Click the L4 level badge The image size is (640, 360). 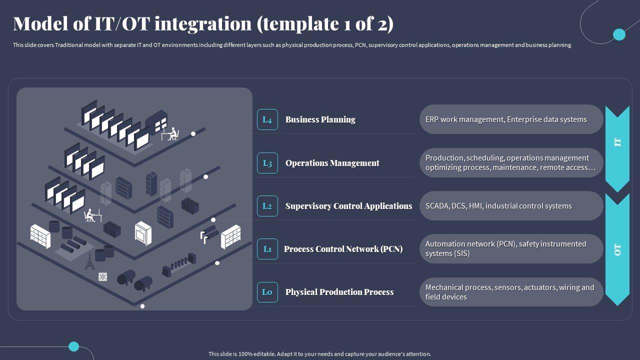pyautogui.click(x=267, y=119)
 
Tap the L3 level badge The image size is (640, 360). pyautogui.click(x=267, y=163)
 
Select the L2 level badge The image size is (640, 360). pyautogui.click(x=267, y=206)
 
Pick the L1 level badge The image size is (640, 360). pyautogui.click(x=267, y=249)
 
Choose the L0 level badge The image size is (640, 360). pyautogui.click(x=267, y=292)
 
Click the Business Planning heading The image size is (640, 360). pyautogui.click(x=320, y=119)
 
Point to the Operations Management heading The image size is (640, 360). pyautogui.click(x=332, y=163)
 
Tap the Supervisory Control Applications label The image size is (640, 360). pyautogui.click(x=348, y=206)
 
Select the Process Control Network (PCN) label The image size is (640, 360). pyautogui.click(x=343, y=249)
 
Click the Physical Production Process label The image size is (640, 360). pyautogui.click(x=339, y=292)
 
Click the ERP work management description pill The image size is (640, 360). pyautogui.click(x=511, y=119)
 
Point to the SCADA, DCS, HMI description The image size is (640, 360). pyautogui.click(x=511, y=206)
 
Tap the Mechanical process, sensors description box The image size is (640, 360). pyautogui.click(x=511, y=292)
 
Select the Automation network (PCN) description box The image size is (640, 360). pyautogui.click(x=511, y=249)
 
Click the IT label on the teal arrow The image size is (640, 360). pyautogui.click(x=617, y=142)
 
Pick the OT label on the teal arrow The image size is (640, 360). pyautogui.click(x=617, y=249)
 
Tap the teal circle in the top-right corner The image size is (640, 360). pyautogui.click(x=619, y=34)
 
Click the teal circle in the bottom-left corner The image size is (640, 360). pyautogui.click(x=74, y=346)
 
